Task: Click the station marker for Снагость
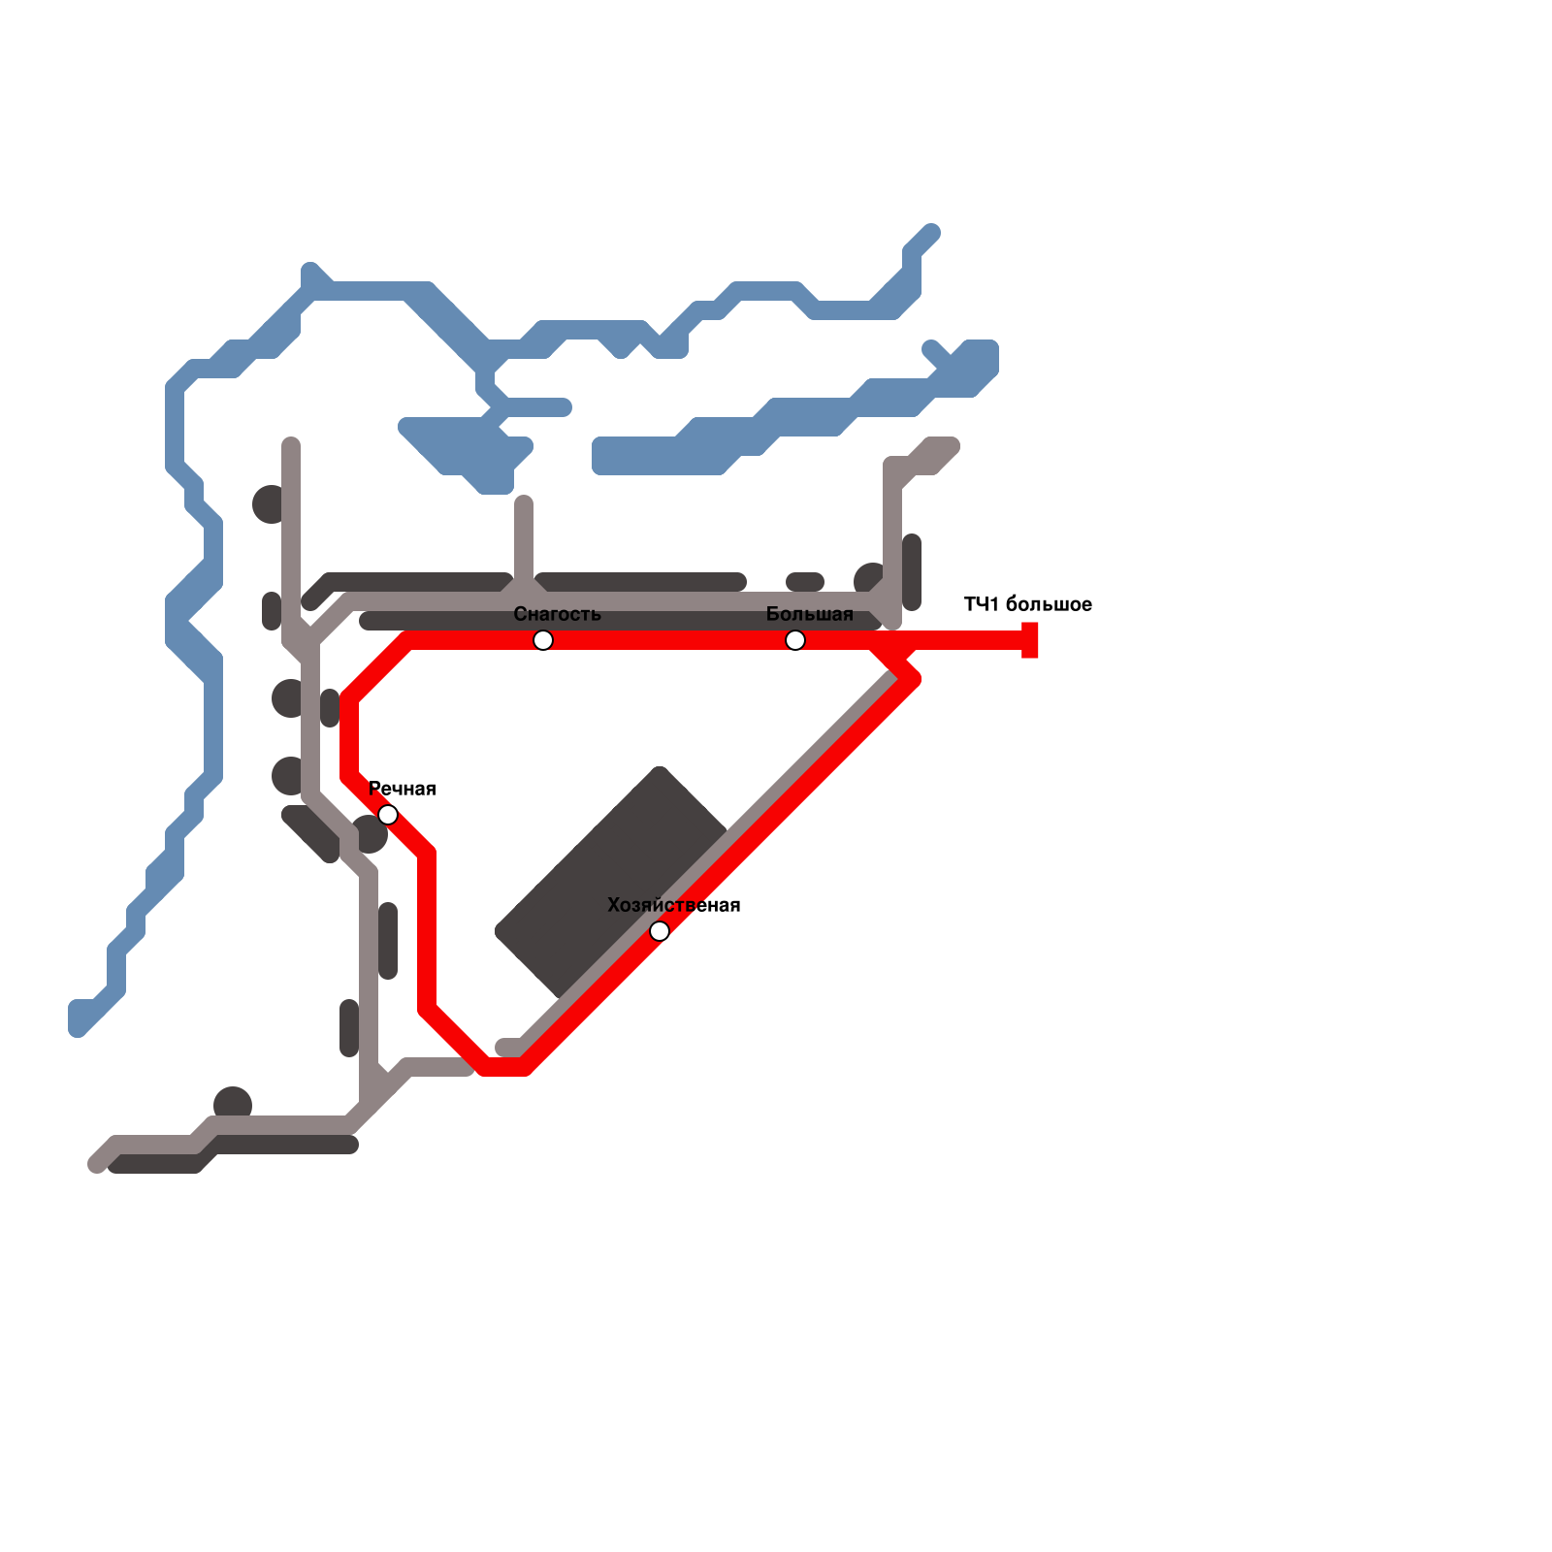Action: [543, 640]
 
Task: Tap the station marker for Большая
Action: [795, 640]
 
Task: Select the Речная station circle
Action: [388, 815]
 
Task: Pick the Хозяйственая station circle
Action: [660, 931]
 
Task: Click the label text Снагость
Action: [557, 614]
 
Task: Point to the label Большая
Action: [809, 614]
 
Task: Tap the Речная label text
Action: [403, 789]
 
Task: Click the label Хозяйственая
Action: [673, 905]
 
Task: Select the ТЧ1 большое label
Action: [1027, 604]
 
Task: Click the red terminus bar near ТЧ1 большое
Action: [1030, 640]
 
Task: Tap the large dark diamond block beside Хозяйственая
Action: [611, 883]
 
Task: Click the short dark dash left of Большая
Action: [805, 582]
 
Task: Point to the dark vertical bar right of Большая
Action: [912, 572]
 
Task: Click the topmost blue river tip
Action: [931, 233]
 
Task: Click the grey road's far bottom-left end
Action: [97, 1163]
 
